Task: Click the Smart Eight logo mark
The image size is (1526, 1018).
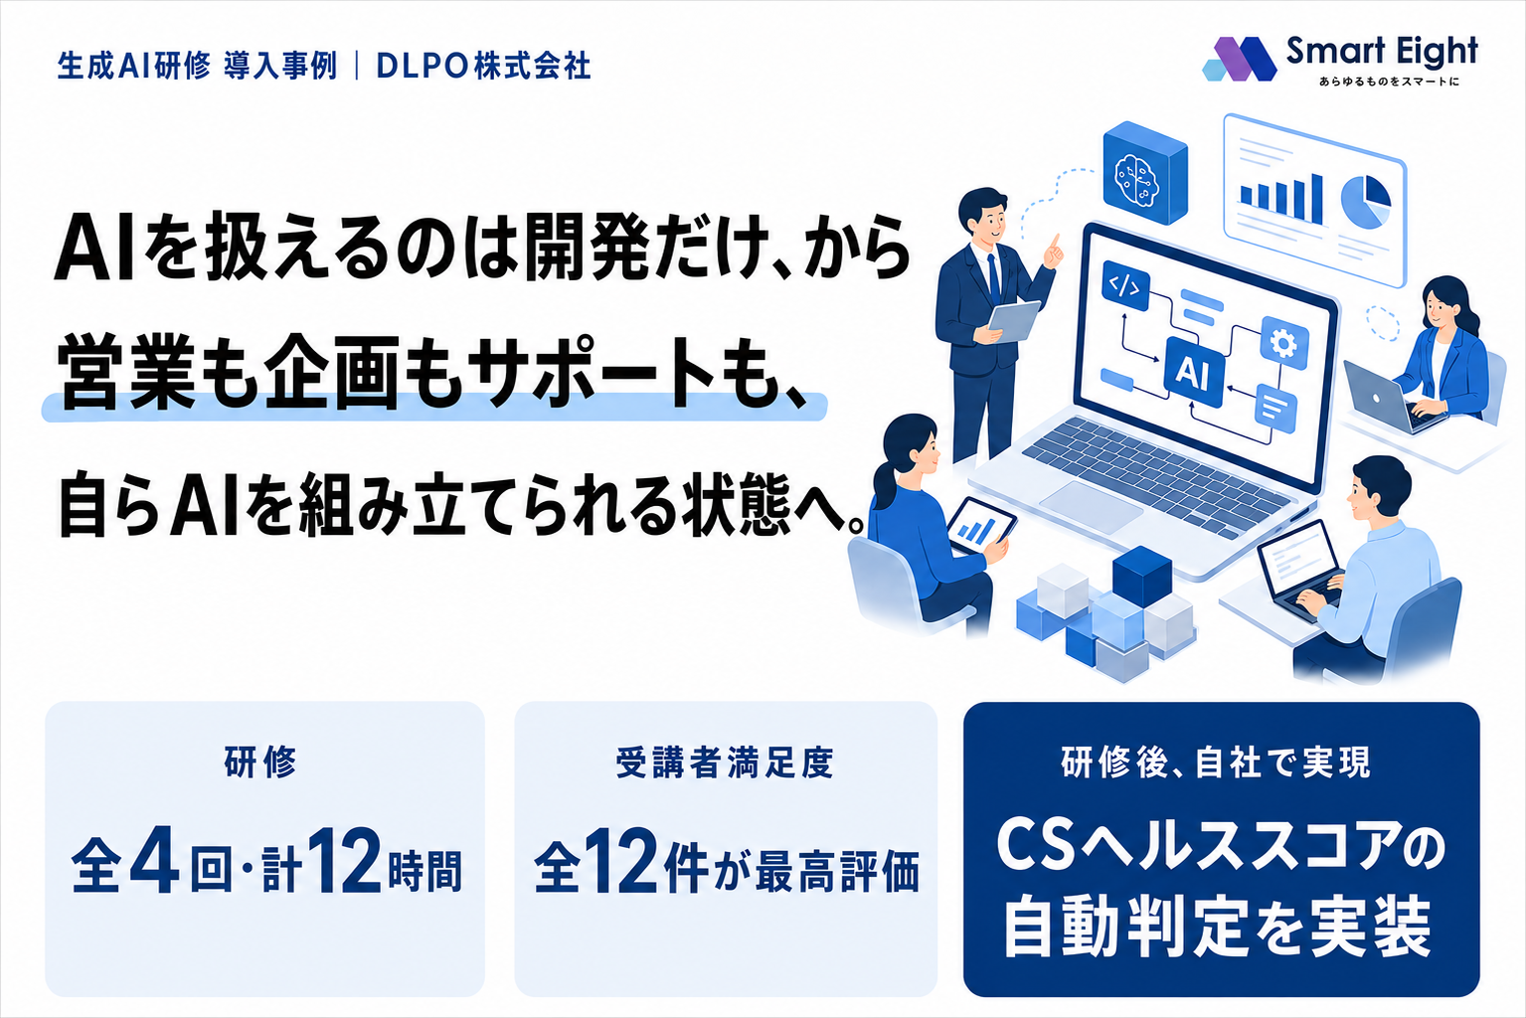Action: coord(1240,60)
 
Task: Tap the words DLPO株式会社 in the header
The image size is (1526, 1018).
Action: coord(483,66)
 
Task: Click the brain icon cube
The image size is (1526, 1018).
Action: coord(1144,173)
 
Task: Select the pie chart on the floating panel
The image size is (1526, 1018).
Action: coord(1366,201)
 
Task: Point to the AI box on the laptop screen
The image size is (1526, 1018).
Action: coord(1194,372)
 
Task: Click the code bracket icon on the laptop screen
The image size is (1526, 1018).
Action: coord(1125,285)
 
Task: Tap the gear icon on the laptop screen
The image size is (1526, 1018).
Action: coord(1284,343)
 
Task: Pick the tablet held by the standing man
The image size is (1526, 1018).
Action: coord(1014,320)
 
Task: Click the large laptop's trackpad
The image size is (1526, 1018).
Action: coord(1091,507)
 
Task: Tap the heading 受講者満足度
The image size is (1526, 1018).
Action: coord(725,763)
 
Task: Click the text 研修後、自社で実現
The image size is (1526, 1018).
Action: coord(1216,763)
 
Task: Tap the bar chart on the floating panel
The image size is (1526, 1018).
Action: coord(1280,199)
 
